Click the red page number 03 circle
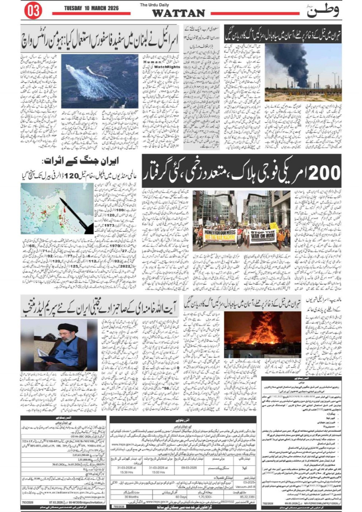coord(33,11)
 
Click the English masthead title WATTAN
coord(178,13)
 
